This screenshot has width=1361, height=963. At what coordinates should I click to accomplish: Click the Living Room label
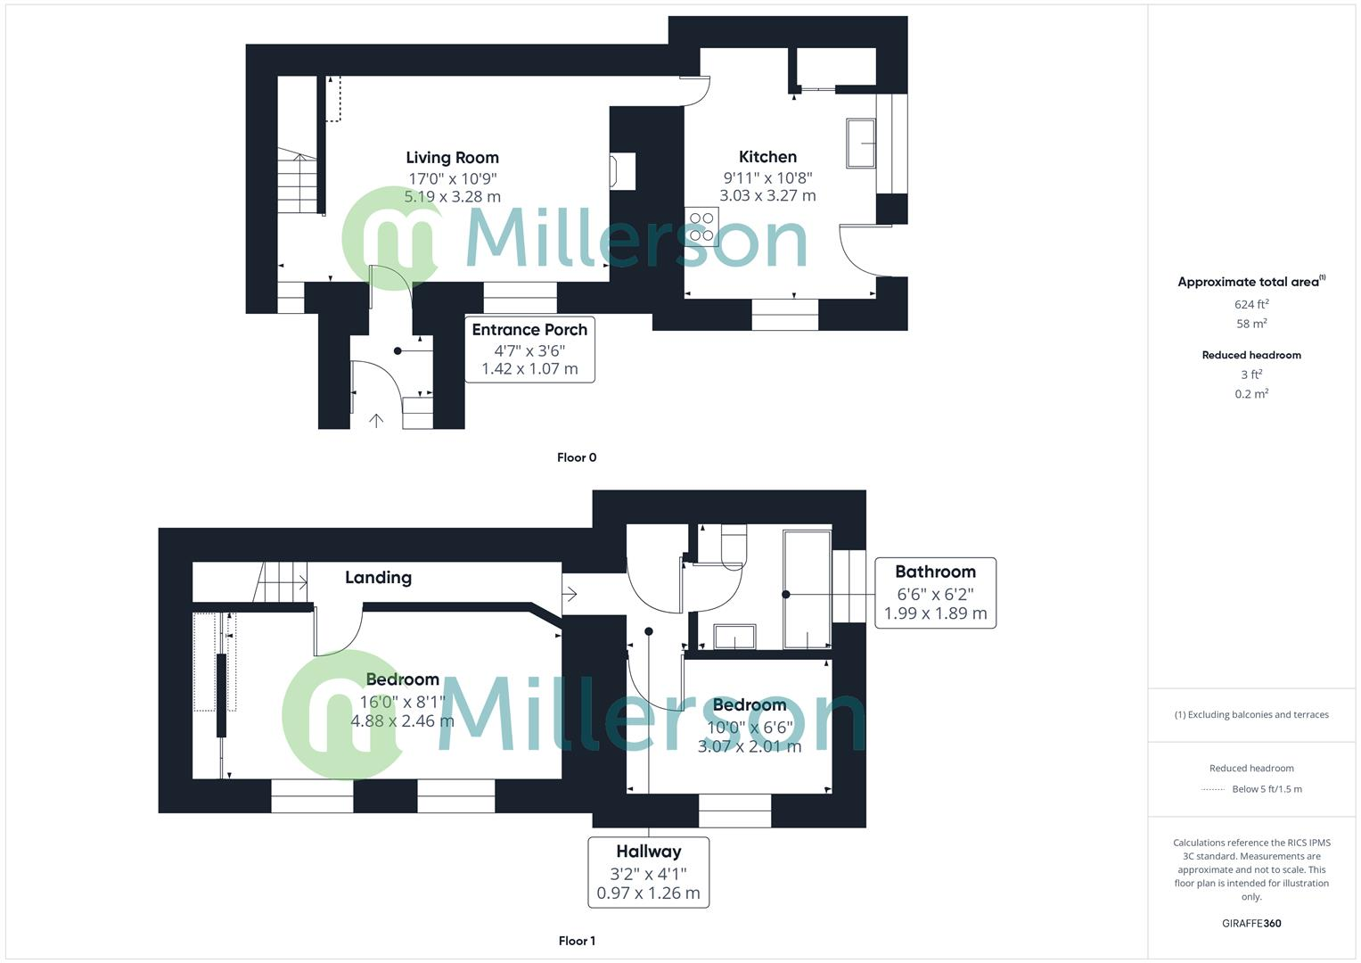(452, 158)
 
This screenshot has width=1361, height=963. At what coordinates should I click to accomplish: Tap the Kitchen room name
(767, 157)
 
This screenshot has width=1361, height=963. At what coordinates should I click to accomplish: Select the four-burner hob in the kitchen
(701, 226)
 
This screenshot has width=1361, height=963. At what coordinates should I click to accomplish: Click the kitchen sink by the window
(861, 143)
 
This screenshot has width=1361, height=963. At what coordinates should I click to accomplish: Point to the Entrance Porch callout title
(529, 330)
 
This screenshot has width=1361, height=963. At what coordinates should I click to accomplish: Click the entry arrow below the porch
(376, 420)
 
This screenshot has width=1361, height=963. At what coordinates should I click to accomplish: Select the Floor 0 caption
(577, 457)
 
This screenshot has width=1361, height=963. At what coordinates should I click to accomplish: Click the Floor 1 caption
(577, 941)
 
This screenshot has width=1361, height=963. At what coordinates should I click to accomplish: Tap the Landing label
(378, 578)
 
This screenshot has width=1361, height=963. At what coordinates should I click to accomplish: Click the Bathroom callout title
(935, 572)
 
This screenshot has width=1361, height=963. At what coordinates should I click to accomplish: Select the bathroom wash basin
(734, 637)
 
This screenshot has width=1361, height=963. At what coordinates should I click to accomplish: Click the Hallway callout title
(648, 852)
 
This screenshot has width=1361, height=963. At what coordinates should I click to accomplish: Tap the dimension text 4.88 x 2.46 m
(402, 721)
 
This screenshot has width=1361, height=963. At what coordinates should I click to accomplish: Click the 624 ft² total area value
(1251, 304)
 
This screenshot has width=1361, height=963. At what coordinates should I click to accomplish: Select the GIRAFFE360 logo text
(1251, 924)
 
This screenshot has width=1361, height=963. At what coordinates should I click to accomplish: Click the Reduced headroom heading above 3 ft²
(1251, 355)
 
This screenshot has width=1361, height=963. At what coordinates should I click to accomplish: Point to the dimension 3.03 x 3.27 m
(767, 195)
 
